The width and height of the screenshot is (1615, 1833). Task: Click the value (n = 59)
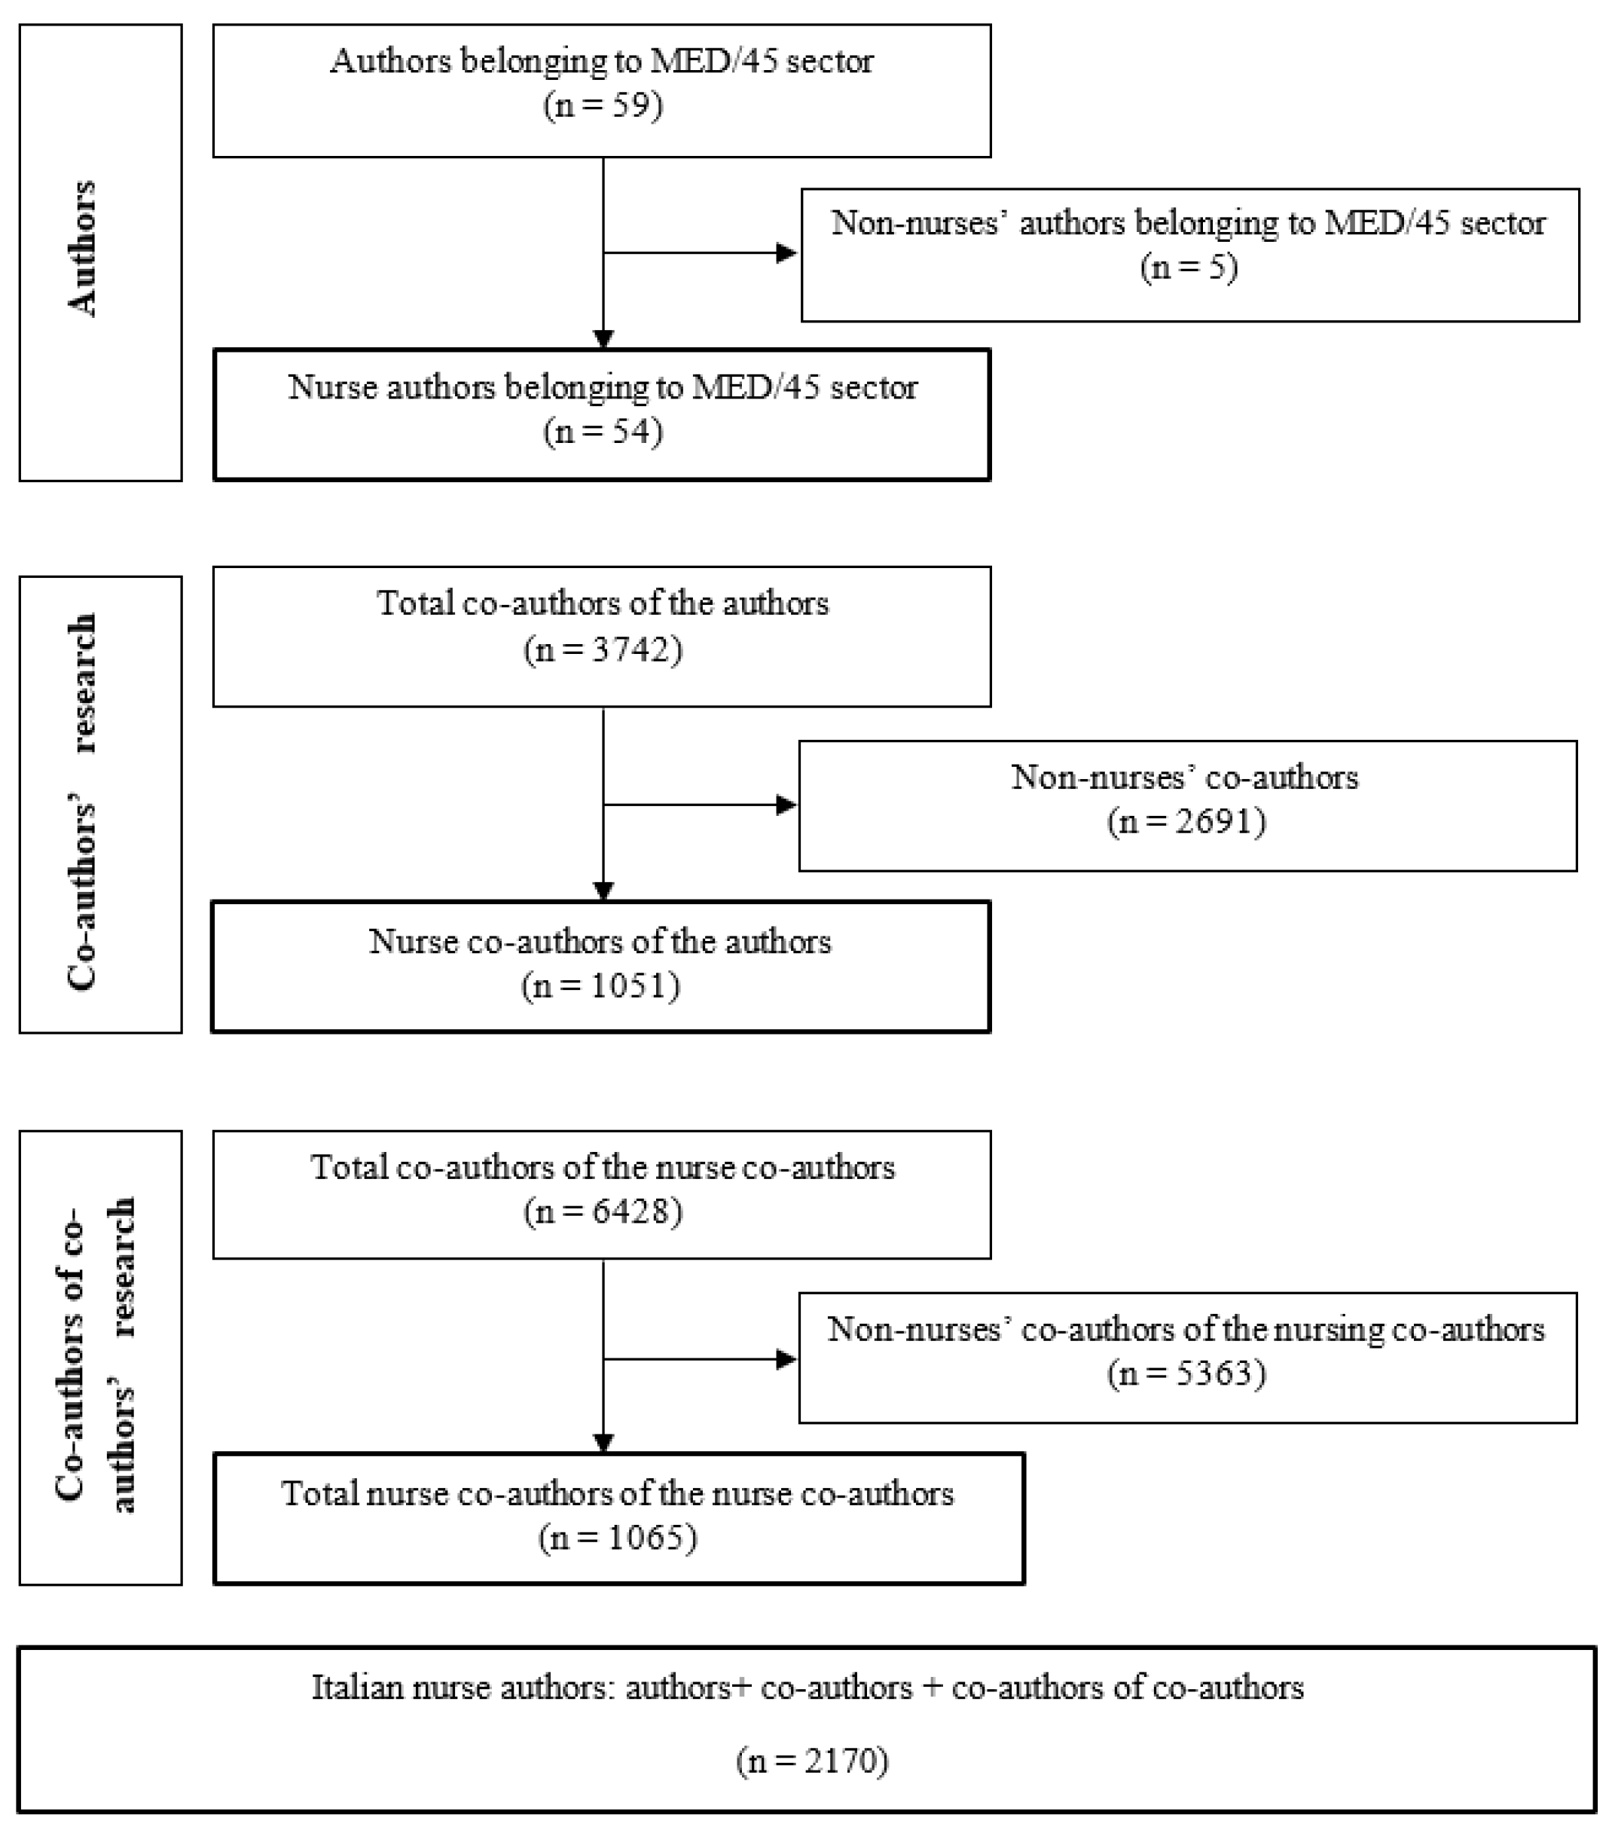[x=603, y=105]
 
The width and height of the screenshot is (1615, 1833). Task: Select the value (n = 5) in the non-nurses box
[x=1189, y=267]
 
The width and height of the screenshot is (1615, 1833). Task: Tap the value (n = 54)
[x=603, y=432]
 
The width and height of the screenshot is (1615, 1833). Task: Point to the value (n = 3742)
[x=603, y=649]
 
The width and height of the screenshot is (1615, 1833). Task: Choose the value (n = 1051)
[x=601, y=985]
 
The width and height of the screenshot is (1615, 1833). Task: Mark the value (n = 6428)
[x=603, y=1211]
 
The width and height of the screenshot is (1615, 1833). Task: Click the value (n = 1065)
[x=618, y=1538]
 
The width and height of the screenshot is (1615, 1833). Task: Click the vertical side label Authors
[x=84, y=249]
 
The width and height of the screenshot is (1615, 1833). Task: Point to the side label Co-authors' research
[x=84, y=802]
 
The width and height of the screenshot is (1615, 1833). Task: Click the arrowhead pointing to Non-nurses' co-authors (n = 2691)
[x=786, y=805]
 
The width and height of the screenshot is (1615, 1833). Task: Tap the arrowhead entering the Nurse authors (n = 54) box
[x=603, y=339]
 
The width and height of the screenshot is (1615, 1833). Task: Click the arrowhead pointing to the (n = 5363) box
[x=786, y=1360]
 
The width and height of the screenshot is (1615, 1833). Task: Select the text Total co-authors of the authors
[x=603, y=603]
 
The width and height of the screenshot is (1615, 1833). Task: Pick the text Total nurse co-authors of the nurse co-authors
[x=618, y=1494]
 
